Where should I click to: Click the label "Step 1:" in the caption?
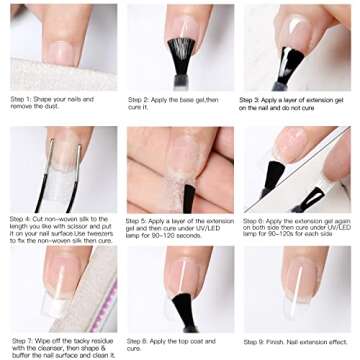pos(23,99)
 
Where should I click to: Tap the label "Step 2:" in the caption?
pos(141,99)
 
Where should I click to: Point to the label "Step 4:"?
pos(23,218)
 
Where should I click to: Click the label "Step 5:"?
pos(141,218)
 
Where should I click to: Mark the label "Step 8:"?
pos(141,339)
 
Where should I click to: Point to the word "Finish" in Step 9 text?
pos(290,339)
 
